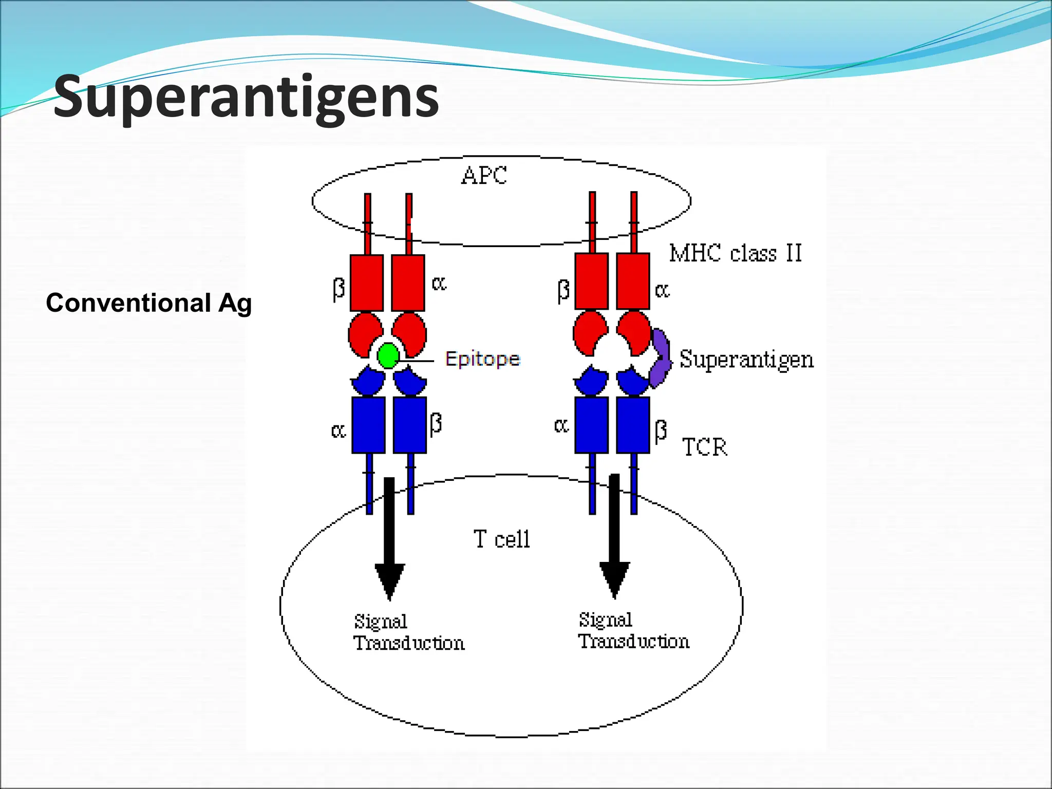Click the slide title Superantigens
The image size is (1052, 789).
[x=246, y=97]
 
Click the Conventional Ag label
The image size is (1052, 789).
[x=148, y=303]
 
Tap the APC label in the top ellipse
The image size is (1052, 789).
[x=483, y=176]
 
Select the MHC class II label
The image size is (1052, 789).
[x=735, y=253]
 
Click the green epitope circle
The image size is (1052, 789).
[x=388, y=355]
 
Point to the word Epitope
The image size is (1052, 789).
[x=482, y=359]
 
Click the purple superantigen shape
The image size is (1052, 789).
[x=660, y=359]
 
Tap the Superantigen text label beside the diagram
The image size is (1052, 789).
[x=746, y=359]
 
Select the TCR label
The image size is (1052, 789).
[x=704, y=447]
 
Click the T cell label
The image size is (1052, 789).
[x=501, y=539]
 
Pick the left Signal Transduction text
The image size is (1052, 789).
[x=408, y=632]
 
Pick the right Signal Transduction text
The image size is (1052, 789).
[x=633, y=631]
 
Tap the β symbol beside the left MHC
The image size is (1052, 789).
[x=338, y=289]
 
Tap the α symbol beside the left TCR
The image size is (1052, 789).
[x=338, y=430]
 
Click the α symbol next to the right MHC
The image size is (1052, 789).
[x=662, y=291]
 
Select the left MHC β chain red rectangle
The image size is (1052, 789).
[x=366, y=283]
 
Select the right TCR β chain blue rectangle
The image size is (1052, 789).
[x=633, y=424]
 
